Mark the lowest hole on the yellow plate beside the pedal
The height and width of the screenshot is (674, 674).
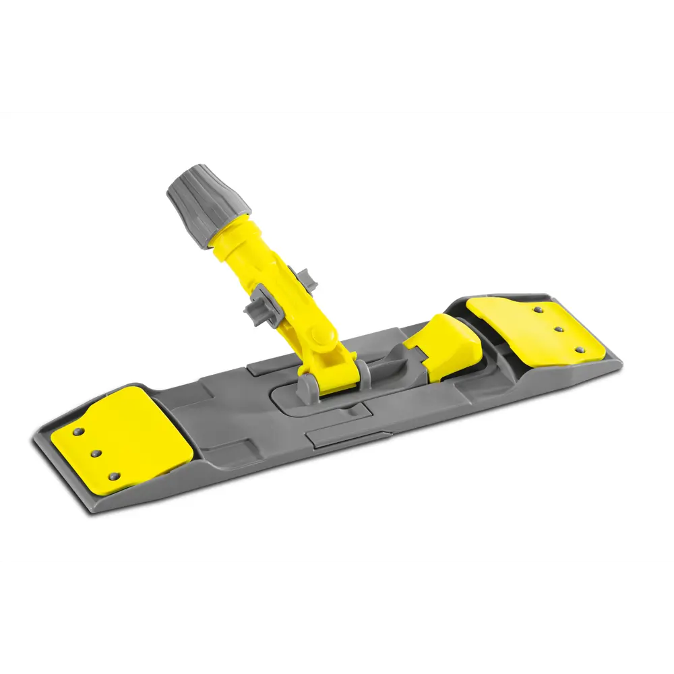tap(579, 350)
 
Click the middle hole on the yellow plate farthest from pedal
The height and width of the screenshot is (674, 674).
tap(96, 454)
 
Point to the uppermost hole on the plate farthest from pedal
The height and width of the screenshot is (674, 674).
tap(79, 431)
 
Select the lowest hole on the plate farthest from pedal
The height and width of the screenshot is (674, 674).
tap(113, 476)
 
